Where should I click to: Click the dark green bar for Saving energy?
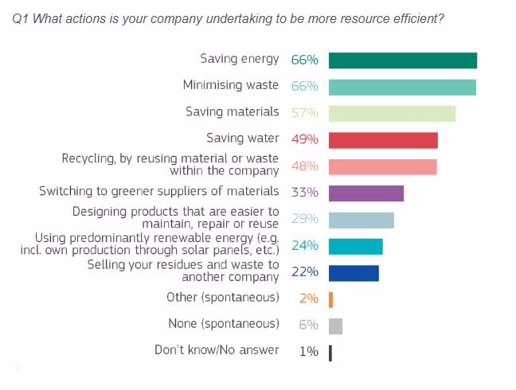click(403, 60)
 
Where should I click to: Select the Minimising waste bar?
click(402, 88)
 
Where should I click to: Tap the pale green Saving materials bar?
click(393, 114)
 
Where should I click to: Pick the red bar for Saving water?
click(383, 140)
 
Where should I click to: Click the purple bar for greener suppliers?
click(366, 193)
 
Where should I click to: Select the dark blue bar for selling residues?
click(354, 273)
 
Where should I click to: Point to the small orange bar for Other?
click(330, 300)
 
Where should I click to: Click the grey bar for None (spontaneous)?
click(336, 326)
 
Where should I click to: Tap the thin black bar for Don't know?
click(330, 353)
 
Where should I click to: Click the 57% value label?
click(305, 113)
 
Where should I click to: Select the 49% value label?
click(305, 139)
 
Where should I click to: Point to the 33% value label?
click(305, 192)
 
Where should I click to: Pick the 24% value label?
click(305, 246)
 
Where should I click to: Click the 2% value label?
click(309, 298)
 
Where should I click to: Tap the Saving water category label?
click(243, 138)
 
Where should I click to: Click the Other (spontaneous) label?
click(223, 297)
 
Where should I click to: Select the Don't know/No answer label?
click(217, 350)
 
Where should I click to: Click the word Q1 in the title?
click(21, 19)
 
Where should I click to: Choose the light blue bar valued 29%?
click(362, 220)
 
